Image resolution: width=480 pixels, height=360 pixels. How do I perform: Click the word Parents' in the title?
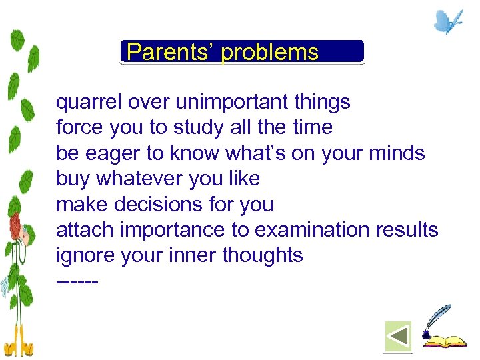(171, 52)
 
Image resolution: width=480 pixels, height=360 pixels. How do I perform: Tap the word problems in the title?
(270, 53)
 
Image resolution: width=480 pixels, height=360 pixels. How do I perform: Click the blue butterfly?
(447, 21)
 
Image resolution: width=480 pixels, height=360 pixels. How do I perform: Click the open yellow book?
(447, 341)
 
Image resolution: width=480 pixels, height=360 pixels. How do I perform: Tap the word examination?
(311, 229)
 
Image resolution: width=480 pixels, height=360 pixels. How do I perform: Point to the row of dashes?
(77, 281)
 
